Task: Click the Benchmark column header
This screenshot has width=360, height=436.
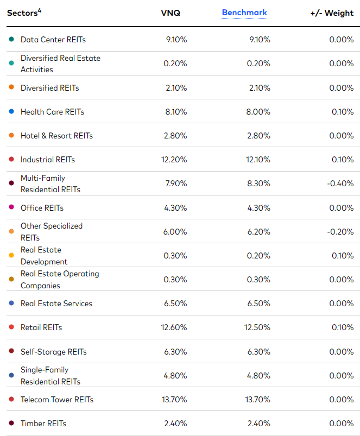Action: [244, 12]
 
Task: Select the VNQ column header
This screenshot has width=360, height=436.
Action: [171, 13]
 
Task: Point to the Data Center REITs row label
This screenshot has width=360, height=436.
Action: [53, 40]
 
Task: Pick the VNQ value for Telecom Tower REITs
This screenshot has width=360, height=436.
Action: [174, 400]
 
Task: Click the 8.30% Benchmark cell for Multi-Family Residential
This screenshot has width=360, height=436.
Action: [257, 184]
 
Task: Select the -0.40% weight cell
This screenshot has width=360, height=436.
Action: [340, 184]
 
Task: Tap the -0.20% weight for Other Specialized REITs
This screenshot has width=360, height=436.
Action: [340, 231]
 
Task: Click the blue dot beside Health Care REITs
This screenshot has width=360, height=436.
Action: [11, 112]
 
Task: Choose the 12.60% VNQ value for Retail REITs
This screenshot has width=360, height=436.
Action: [174, 327]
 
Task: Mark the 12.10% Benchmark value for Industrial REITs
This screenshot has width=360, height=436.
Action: [257, 160]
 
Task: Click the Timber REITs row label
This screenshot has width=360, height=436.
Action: [43, 424]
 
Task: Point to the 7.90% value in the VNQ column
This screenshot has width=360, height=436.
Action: [176, 184]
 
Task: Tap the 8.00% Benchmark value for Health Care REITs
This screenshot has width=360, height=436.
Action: [257, 112]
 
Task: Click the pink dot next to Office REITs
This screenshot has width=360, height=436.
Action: [11, 208]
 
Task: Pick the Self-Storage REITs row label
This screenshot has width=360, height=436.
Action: [53, 352]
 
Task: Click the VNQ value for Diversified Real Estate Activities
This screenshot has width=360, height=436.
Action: [176, 64]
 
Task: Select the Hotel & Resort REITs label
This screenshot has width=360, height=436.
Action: [56, 136]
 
